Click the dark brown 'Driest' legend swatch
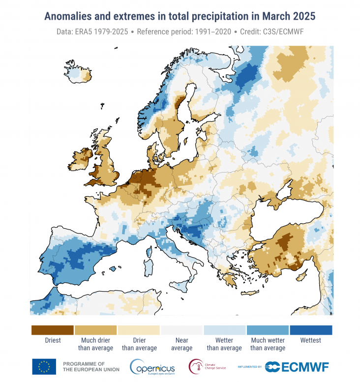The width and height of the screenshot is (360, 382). [52, 329]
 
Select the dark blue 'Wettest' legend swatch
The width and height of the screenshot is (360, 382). [311, 329]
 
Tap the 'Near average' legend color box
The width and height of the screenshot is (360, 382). [181, 329]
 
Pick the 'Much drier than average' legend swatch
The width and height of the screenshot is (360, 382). [95, 329]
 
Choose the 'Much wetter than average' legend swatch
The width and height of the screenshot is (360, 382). [268, 329]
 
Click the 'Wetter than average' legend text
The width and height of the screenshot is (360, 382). [224, 344]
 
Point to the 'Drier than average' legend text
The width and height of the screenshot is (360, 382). [139, 344]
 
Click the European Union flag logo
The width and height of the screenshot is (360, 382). [44, 366]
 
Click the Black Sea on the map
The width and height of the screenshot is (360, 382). [295, 211]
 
